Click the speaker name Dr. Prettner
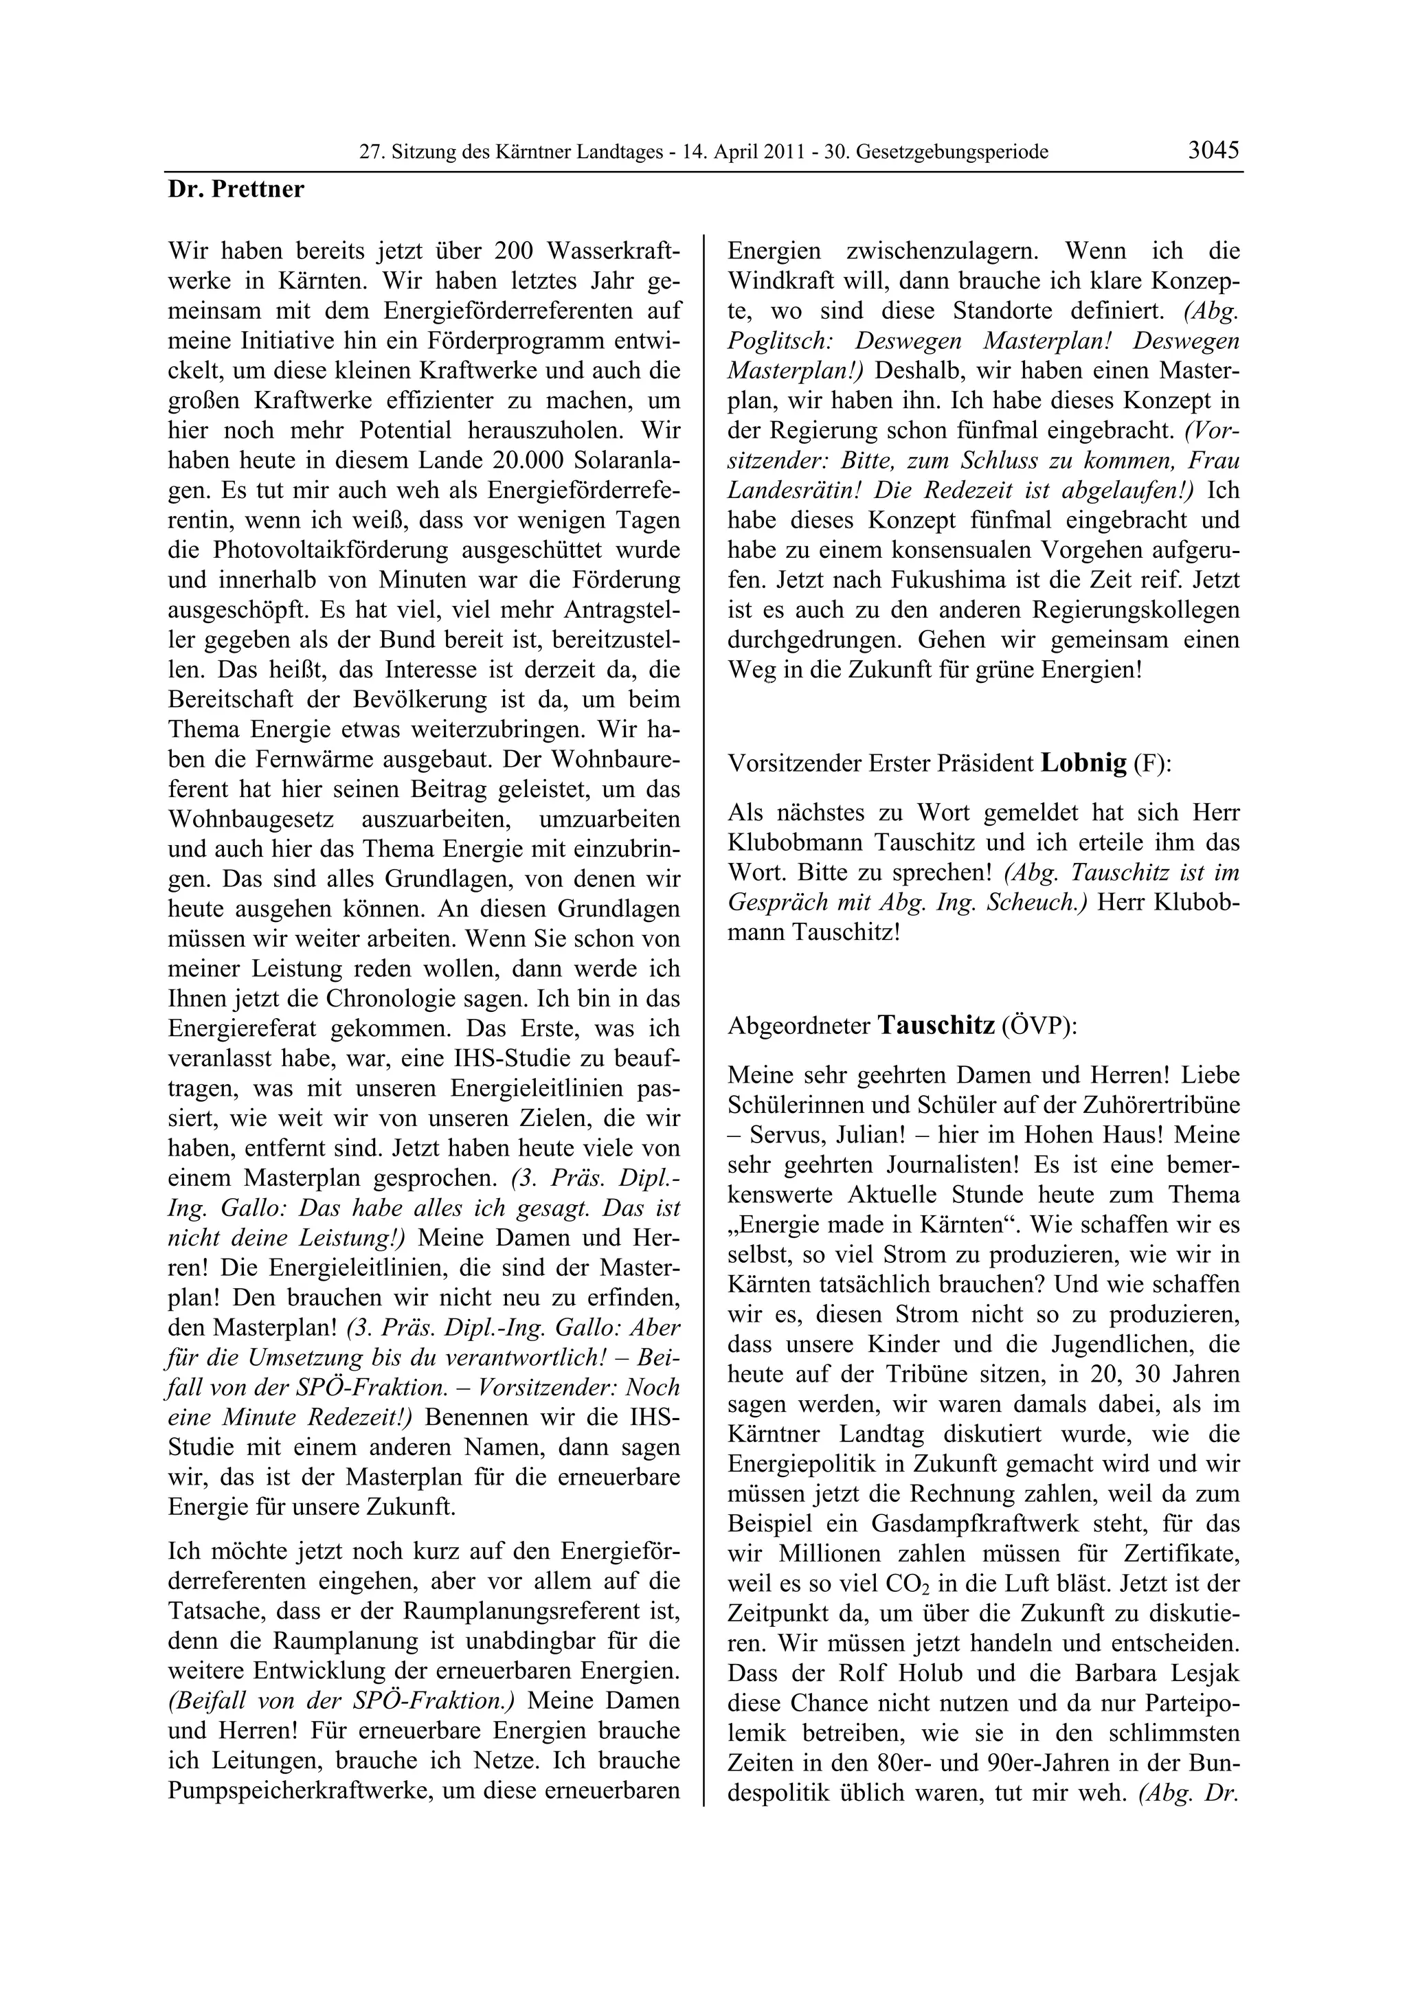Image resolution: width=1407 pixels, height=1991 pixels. coord(236,189)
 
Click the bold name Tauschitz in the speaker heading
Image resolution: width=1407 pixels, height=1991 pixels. coord(936,1026)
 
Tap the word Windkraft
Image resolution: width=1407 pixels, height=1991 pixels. coord(776,281)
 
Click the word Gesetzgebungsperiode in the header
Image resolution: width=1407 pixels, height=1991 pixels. coord(952,153)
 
